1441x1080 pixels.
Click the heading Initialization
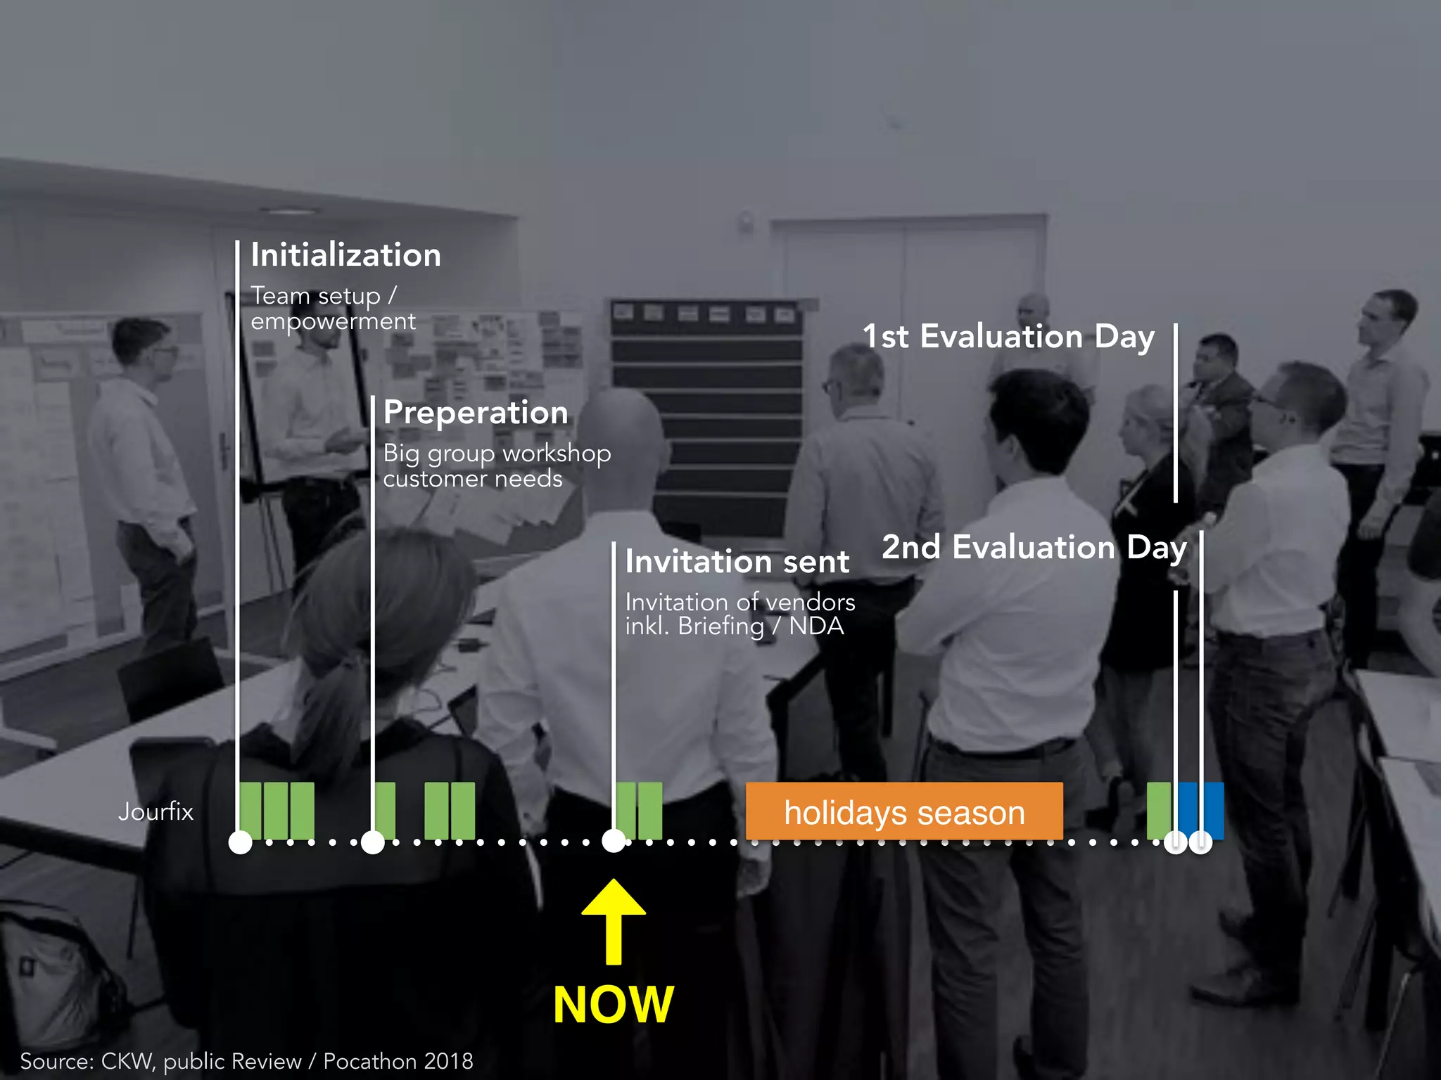(345, 255)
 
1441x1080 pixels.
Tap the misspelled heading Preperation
(476, 412)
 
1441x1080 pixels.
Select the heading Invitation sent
(737, 562)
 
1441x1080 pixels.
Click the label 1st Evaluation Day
(1008, 336)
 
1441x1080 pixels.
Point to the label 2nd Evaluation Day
(1034, 547)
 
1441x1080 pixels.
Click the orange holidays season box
(903, 811)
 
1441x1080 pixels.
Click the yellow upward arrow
(614, 921)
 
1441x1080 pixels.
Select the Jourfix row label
(155, 811)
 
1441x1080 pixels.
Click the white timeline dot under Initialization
(241, 842)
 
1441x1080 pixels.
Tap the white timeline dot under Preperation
(372, 842)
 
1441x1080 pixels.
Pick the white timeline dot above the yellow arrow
(614, 841)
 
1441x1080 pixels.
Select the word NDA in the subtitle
(816, 626)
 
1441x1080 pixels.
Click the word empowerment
(333, 321)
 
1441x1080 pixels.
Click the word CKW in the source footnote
(127, 1061)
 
